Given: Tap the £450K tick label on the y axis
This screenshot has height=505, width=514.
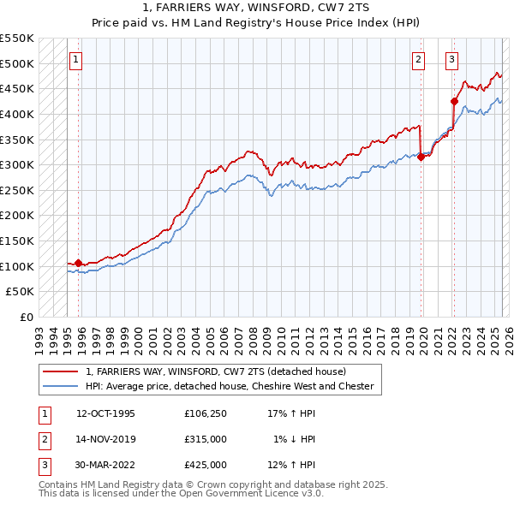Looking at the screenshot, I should tap(18, 88).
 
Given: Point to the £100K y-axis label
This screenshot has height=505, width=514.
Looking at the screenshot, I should tap(18, 266).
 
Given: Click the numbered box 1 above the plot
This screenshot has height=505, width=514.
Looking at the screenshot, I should tap(76, 60).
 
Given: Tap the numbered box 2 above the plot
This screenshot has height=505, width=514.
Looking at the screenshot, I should tap(418, 60).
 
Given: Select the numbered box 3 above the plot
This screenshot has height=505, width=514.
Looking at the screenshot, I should tap(451, 60).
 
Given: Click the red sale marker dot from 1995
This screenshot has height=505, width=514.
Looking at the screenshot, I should tap(79, 263).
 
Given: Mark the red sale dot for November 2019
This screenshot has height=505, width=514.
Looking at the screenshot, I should tap(421, 157).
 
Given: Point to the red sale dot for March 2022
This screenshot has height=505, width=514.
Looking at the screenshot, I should tap(455, 101).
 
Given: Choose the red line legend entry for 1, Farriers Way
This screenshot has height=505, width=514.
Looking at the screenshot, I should tap(215, 371).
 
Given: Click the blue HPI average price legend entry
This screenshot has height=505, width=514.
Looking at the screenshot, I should tap(230, 386).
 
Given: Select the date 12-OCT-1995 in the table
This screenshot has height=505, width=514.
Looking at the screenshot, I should tap(106, 413).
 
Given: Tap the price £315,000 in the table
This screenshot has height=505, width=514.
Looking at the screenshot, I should tap(206, 439).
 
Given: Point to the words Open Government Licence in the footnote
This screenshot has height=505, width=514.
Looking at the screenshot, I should tap(254, 494).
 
